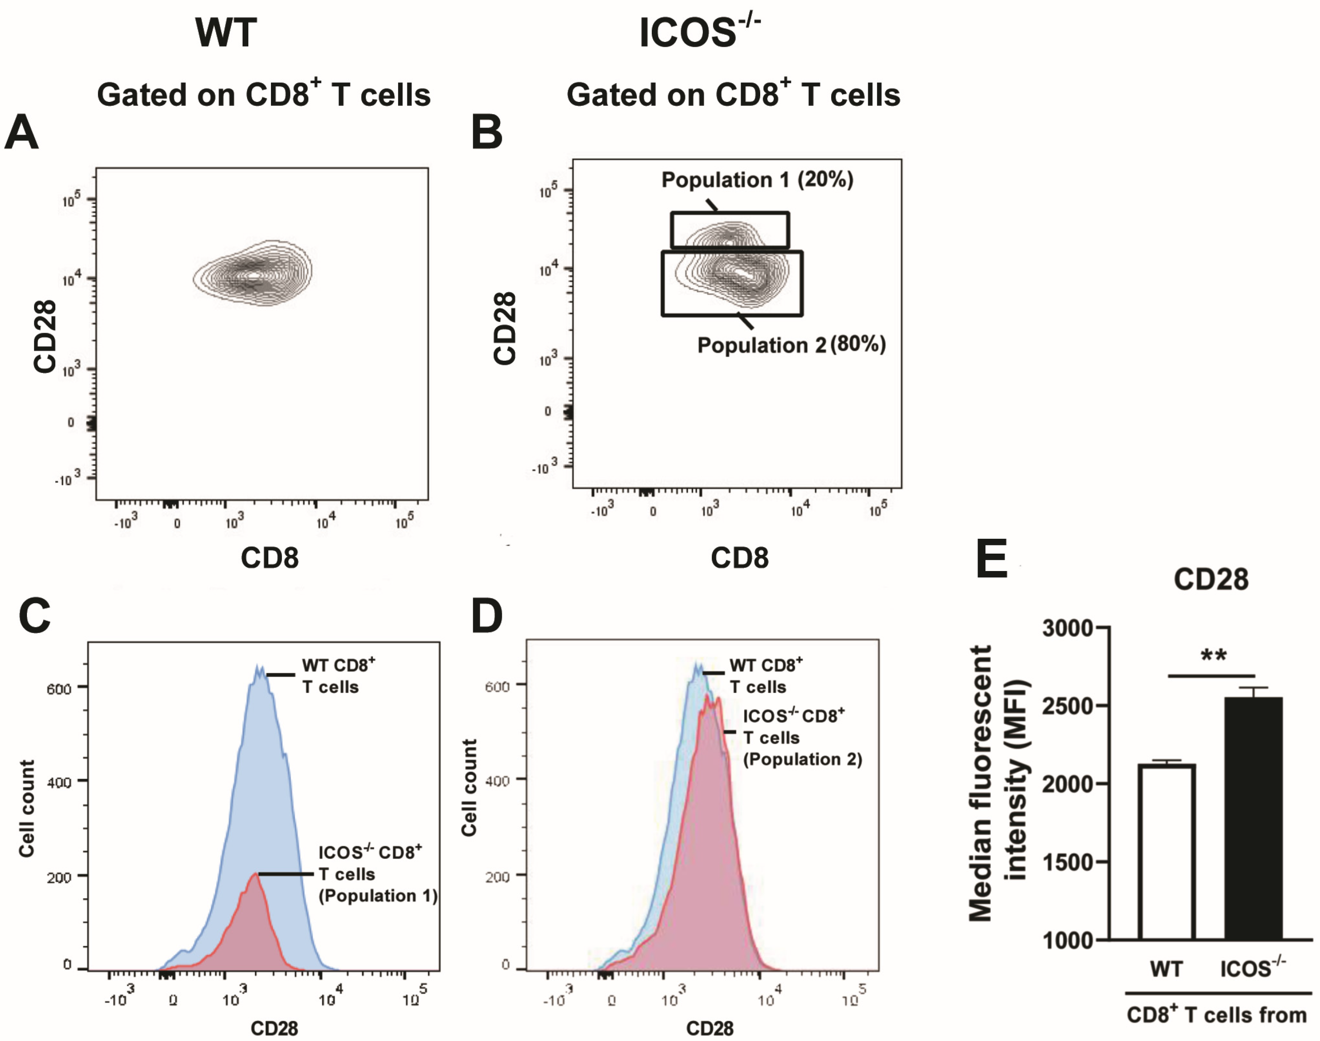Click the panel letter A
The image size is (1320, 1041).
point(21,132)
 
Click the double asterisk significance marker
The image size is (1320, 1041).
point(1213,656)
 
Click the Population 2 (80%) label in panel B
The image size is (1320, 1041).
point(791,345)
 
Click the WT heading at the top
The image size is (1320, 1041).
point(226,33)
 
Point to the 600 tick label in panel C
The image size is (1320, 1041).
point(59,689)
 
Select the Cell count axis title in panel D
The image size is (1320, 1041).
point(469,788)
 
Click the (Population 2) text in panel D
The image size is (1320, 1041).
point(802,760)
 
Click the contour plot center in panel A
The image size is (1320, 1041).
point(254,275)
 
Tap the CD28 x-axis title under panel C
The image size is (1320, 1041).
point(274,1029)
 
